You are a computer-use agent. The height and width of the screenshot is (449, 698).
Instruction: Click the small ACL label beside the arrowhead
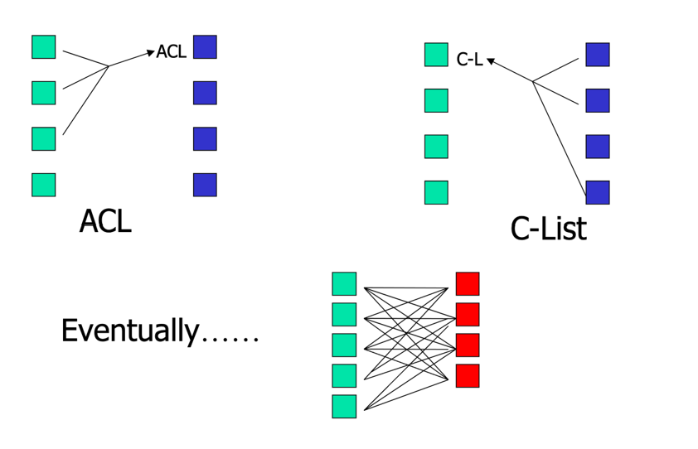pyautogui.click(x=172, y=52)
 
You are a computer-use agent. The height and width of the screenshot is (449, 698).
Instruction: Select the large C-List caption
pyautogui.click(x=548, y=228)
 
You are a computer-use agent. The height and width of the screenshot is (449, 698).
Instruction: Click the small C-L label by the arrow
pyautogui.click(x=469, y=60)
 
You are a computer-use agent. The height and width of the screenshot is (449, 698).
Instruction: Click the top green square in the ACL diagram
pyautogui.click(x=44, y=46)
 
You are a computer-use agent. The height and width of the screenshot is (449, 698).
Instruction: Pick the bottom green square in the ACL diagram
pyautogui.click(x=44, y=184)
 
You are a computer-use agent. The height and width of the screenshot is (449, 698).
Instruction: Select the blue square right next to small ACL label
pyautogui.click(x=205, y=46)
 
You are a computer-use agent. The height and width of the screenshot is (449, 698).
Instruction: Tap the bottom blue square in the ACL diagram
pyautogui.click(x=205, y=184)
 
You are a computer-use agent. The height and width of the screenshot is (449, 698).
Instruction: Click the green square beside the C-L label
pyautogui.click(x=436, y=55)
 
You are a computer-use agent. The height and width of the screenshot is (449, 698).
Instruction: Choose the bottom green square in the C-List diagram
pyautogui.click(x=436, y=192)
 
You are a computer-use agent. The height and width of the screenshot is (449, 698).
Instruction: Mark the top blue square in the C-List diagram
pyautogui.click(x=598, y=55)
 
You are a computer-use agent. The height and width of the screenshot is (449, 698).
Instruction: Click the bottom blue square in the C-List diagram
pyautogui.click(x=598, y=192)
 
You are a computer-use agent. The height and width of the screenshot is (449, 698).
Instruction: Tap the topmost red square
pyautogui.click(x=468, y=283)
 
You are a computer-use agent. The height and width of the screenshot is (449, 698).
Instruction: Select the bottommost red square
pyautogui.click(x=468, y=375)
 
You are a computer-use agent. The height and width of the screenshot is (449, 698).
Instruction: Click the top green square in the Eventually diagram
pyautogui.click(x=344, y=283)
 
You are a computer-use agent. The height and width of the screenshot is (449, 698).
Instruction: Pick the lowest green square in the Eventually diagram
pyautogui.click(x=344, y=406)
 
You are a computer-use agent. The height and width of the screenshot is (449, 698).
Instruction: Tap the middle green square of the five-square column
pyautogui.click(x=344, y=345)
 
